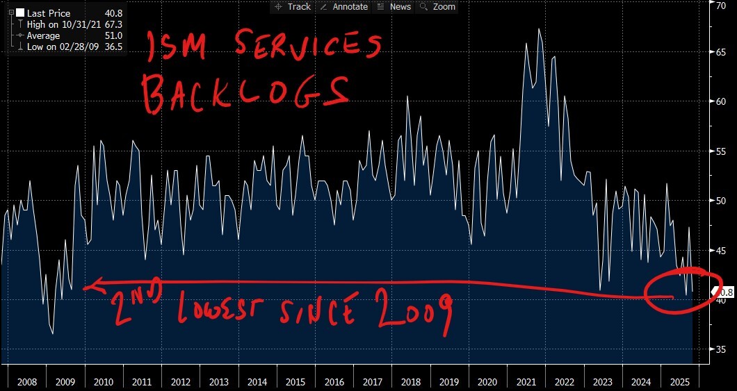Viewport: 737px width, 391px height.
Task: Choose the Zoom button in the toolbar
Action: tap(438, 6)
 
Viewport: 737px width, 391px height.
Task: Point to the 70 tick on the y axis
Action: tap(722, 5)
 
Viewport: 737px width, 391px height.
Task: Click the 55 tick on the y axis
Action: tap(722, 151)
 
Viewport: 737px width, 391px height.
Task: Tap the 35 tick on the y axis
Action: tap(722, 349)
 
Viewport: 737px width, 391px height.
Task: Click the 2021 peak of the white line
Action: tap(539, 29)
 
